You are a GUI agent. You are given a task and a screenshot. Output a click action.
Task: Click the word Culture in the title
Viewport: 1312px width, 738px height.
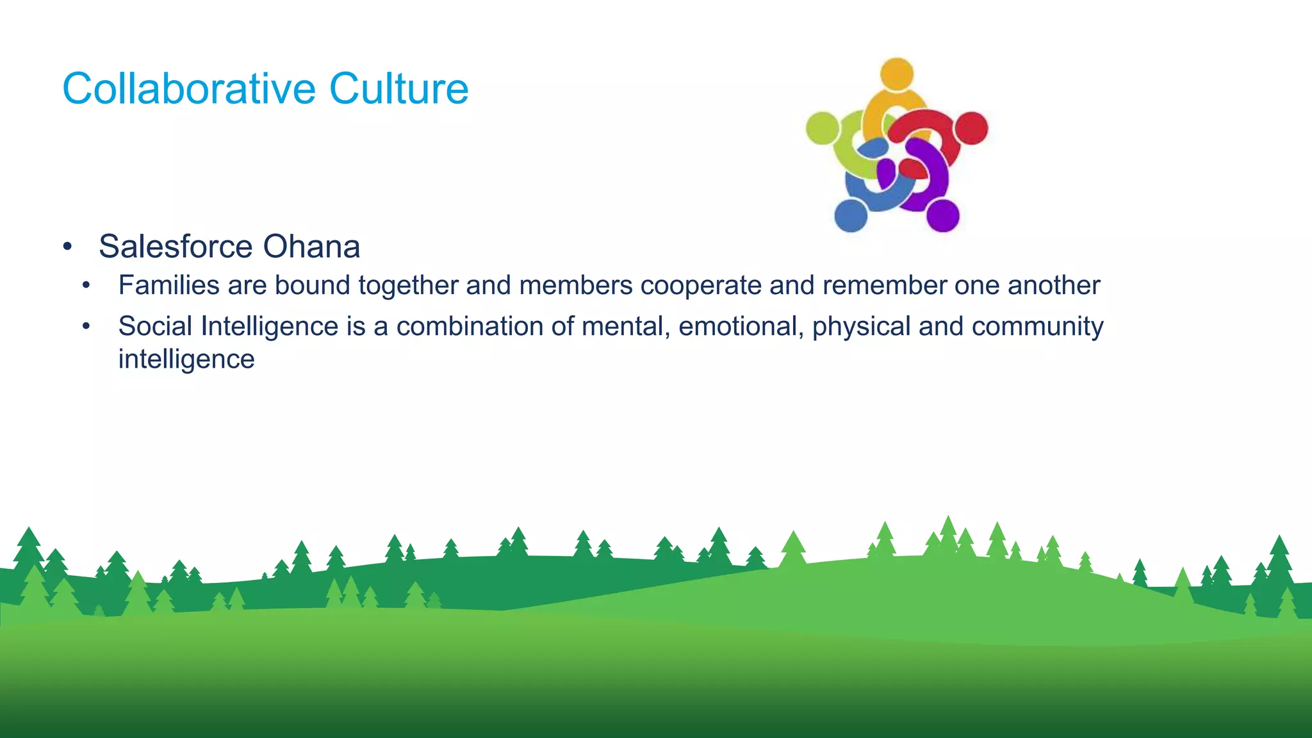pos(398,88)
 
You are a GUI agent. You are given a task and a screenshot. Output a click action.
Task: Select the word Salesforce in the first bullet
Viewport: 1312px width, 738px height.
pos(176,247)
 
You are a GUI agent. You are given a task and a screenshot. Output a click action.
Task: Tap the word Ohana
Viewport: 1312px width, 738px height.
pos(311,247)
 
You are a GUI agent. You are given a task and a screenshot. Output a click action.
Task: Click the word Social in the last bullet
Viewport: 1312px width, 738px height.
pos(155,326)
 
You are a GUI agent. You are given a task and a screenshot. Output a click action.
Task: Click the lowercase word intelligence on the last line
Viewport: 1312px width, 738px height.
pos(186,359)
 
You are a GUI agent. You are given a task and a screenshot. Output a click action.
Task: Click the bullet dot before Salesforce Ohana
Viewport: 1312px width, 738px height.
pos(67,247)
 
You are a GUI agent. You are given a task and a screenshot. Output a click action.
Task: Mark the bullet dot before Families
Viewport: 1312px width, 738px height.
pos(86,286)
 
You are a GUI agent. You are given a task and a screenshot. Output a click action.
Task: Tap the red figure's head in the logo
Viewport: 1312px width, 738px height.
pos(971,128)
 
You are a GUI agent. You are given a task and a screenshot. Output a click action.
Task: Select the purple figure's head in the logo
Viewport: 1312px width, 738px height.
pos(942,215)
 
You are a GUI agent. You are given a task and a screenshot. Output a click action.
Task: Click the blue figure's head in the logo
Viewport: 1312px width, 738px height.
pos(851,215)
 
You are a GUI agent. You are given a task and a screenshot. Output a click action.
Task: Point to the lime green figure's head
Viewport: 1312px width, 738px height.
pos(823,127)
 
